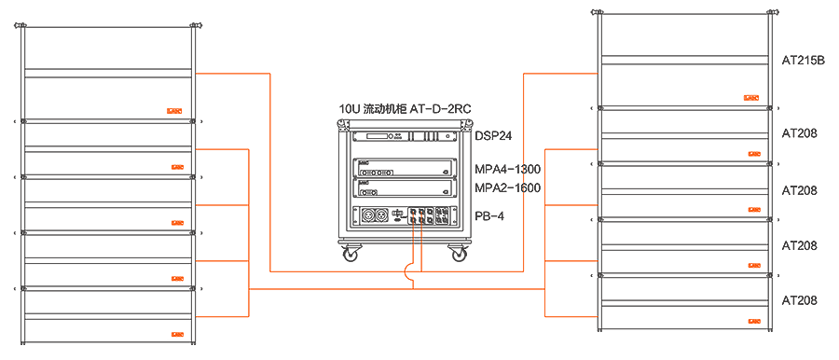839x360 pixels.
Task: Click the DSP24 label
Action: (493, 136)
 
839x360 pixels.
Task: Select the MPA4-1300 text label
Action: (508, 170)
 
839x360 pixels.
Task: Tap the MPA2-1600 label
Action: (508, 188)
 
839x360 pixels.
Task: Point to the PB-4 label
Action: (489, 216)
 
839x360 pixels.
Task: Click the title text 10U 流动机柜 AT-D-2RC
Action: (405, 109)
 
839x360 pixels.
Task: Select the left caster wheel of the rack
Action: (351, 254)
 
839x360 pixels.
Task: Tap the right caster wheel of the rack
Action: (459, 254)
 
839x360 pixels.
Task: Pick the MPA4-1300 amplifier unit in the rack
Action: (404, 168)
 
